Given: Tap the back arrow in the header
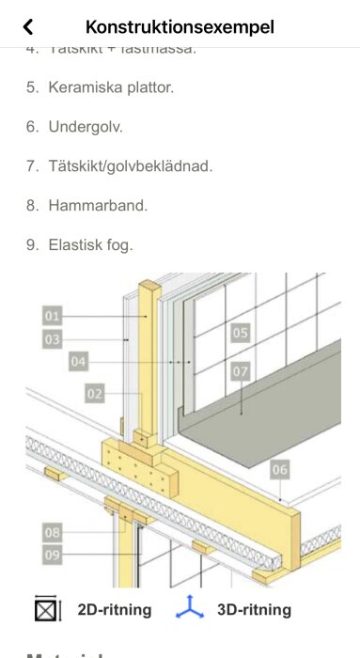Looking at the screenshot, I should (x=28, y=27).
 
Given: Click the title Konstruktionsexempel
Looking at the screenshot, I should (x=180, y=27).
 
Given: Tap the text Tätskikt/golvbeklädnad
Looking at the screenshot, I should (x=131, y=166).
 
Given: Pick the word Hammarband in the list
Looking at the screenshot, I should (x=98, y=205).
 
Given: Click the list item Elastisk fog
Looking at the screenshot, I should (x=91, y=244).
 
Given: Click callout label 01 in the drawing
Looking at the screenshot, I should (x=53, y=316).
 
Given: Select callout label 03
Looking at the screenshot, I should (x=53, y=338).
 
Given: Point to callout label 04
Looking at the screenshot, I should (x=79, y=360).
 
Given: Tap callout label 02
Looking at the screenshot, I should (x=94, y=394).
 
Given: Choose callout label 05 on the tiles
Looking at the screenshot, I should (x=240, y=333).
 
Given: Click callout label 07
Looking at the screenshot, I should (x=240, y=371).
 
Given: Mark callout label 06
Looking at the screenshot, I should (x=280, y=468).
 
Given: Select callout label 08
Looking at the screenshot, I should (x=53, y=533).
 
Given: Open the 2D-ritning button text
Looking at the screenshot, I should (x=114, y=610).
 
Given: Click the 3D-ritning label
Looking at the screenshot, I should (x=254, y=610).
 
